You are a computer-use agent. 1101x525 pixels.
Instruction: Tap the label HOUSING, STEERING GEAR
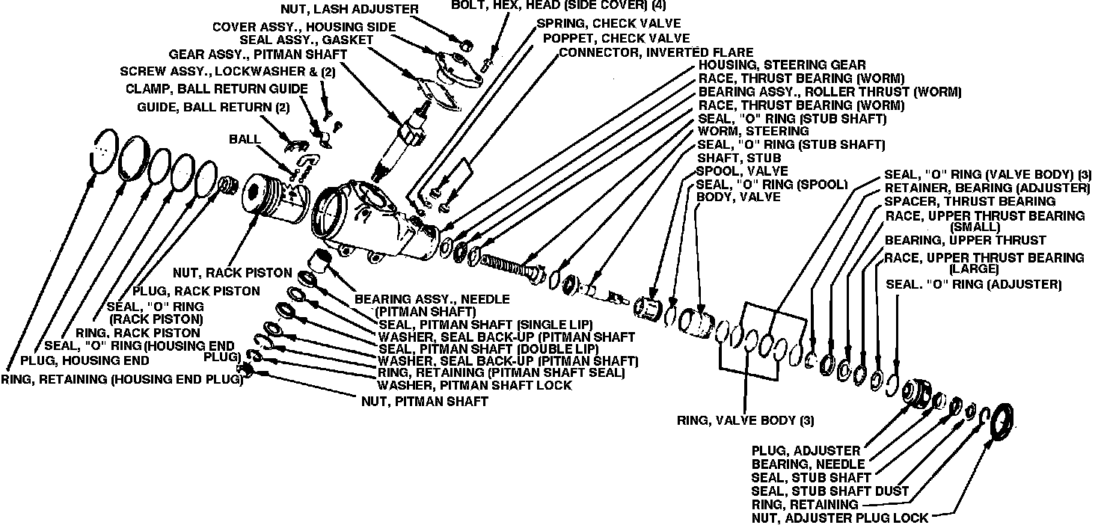point(782,65)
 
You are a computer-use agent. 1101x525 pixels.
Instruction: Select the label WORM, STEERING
point(743,131)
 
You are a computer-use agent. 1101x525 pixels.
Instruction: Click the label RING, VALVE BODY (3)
point(746,420)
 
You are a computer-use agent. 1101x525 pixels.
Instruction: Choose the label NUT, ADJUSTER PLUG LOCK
point(840,518)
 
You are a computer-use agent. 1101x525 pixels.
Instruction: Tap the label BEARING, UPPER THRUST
point(965,240)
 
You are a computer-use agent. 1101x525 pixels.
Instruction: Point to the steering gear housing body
point(374,224)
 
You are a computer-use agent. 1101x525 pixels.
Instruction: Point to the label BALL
point(245,139)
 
